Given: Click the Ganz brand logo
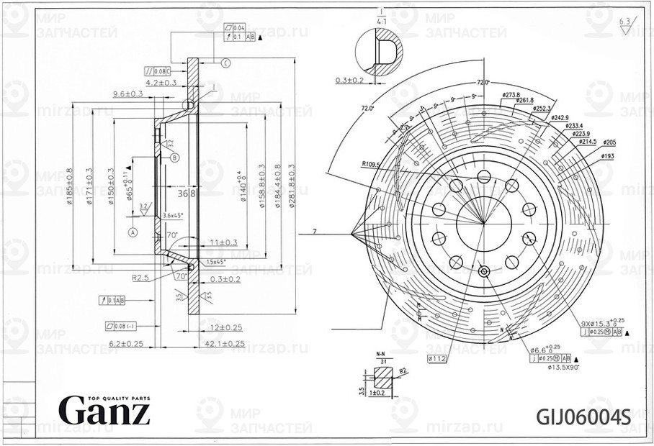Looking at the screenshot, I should click(x=104, y=410).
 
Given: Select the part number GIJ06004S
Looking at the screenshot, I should click(x=583, y=417).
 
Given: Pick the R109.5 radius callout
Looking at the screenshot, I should click(x=372, y=165).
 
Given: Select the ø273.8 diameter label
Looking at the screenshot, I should click(x=511, y=95).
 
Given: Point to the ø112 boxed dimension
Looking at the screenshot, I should click(x=437, y=358).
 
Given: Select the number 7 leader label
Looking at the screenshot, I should click(x=314, y=232).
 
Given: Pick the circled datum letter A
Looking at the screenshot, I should click(x=133, y=232).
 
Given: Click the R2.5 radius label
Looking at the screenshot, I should click(x=140, y=276).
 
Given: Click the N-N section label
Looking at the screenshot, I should click(x=381, y=354).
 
